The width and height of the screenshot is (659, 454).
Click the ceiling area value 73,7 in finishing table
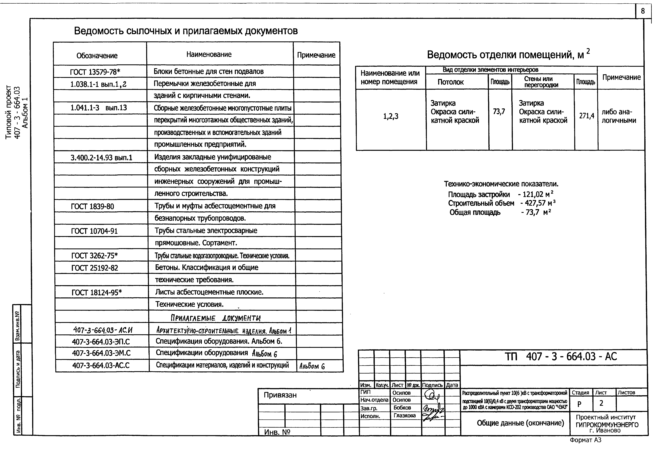pos(499,112)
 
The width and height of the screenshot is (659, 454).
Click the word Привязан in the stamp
pos(280,395)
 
